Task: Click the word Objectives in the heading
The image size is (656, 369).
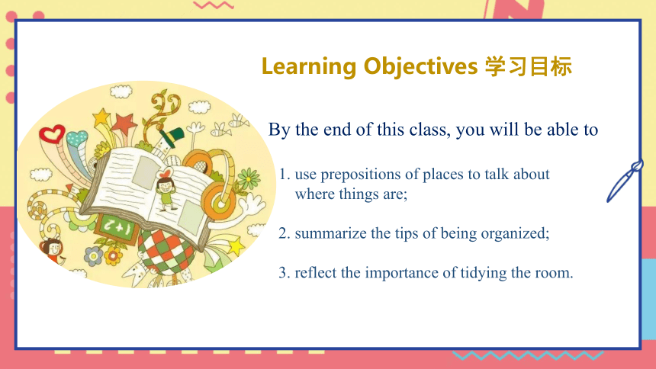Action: point(420,66)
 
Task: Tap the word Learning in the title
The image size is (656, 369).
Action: point(309,67)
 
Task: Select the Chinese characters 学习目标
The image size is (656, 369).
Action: point(529,66)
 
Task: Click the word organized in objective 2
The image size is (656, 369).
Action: point(515,234)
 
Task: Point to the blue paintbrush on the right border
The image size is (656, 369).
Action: point(625,181)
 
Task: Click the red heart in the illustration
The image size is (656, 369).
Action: point(52,134)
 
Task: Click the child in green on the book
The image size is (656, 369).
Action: point(167,191)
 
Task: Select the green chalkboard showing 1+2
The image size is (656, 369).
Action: point(117,228)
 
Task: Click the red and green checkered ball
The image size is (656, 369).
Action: point(166,252)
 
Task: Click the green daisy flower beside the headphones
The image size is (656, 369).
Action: point(249,178)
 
